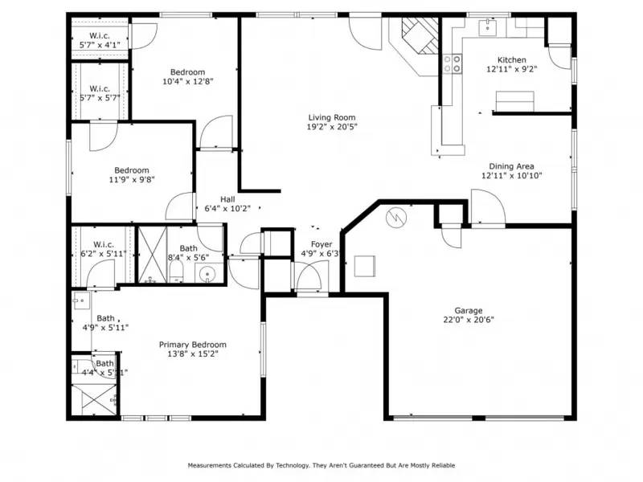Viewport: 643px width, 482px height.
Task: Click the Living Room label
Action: [x=332, y=116]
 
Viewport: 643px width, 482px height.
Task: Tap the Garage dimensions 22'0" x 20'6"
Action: [x=469, y=320]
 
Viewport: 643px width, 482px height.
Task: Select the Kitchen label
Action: [x=512, y=60]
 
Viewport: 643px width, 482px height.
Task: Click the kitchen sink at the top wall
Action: [x=488, y=28]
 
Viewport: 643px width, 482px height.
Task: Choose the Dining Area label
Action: [x=512, y=166]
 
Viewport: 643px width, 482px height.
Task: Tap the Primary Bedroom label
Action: [x=192, y=344]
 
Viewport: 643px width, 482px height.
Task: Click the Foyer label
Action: [x=321, y=244]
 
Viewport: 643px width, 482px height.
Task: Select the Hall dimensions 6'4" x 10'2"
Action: [x=227, y=208]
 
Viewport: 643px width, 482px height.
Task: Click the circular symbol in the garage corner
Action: [x=397, y=217]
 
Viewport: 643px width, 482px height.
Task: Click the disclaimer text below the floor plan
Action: [x=321, y=465]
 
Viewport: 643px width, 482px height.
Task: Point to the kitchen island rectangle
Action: [x=514, y=101]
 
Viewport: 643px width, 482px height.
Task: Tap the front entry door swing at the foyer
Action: [x=309, y=277]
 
